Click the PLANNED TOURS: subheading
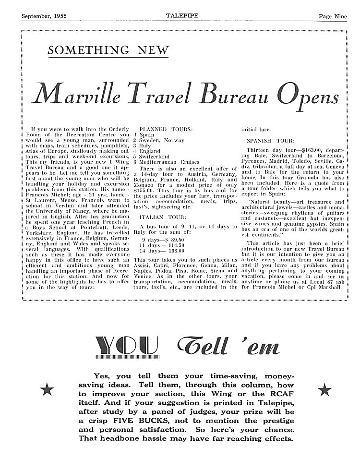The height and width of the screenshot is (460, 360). [165, 129]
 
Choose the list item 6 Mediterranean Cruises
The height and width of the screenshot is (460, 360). [166, 163]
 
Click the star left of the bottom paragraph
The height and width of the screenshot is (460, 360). [47, 390]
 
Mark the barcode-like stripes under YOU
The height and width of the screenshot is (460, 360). [125, 358]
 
